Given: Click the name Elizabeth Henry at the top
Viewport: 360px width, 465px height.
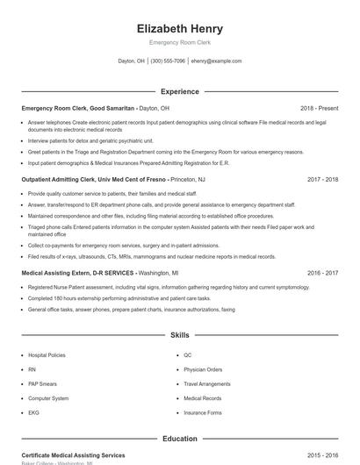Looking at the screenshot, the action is pyautogui.click(x=180, y=28).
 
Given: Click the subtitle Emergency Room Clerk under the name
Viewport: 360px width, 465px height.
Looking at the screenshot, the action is pyautogui.click(x=180, y=42).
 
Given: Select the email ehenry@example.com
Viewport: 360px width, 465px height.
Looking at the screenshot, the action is pyautogui.click(x=216, y=61).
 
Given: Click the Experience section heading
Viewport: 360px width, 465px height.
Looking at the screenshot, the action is pyautogui.click(x=180, y=91).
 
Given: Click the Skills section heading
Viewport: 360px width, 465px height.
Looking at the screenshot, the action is pyautogui.click(x=180, y=335).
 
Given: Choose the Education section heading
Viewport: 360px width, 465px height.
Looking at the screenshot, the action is pyautogui.click(x=180, y=438).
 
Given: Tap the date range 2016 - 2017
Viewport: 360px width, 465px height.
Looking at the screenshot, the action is pyautogui.click(x=323, y=273).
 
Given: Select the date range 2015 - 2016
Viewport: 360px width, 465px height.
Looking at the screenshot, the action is pyautogui.click(x=323, y=455).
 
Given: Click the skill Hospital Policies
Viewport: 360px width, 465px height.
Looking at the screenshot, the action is pyautogui.click(x=47, y=355).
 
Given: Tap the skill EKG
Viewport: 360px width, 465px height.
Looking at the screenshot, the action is pyautogui.click(x=33, y=411).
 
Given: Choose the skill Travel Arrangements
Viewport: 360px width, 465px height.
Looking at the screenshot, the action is pyautogui.click(x=207, y=383).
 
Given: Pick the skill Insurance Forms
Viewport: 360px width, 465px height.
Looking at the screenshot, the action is pyautogui.click(x=203, y=411).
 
